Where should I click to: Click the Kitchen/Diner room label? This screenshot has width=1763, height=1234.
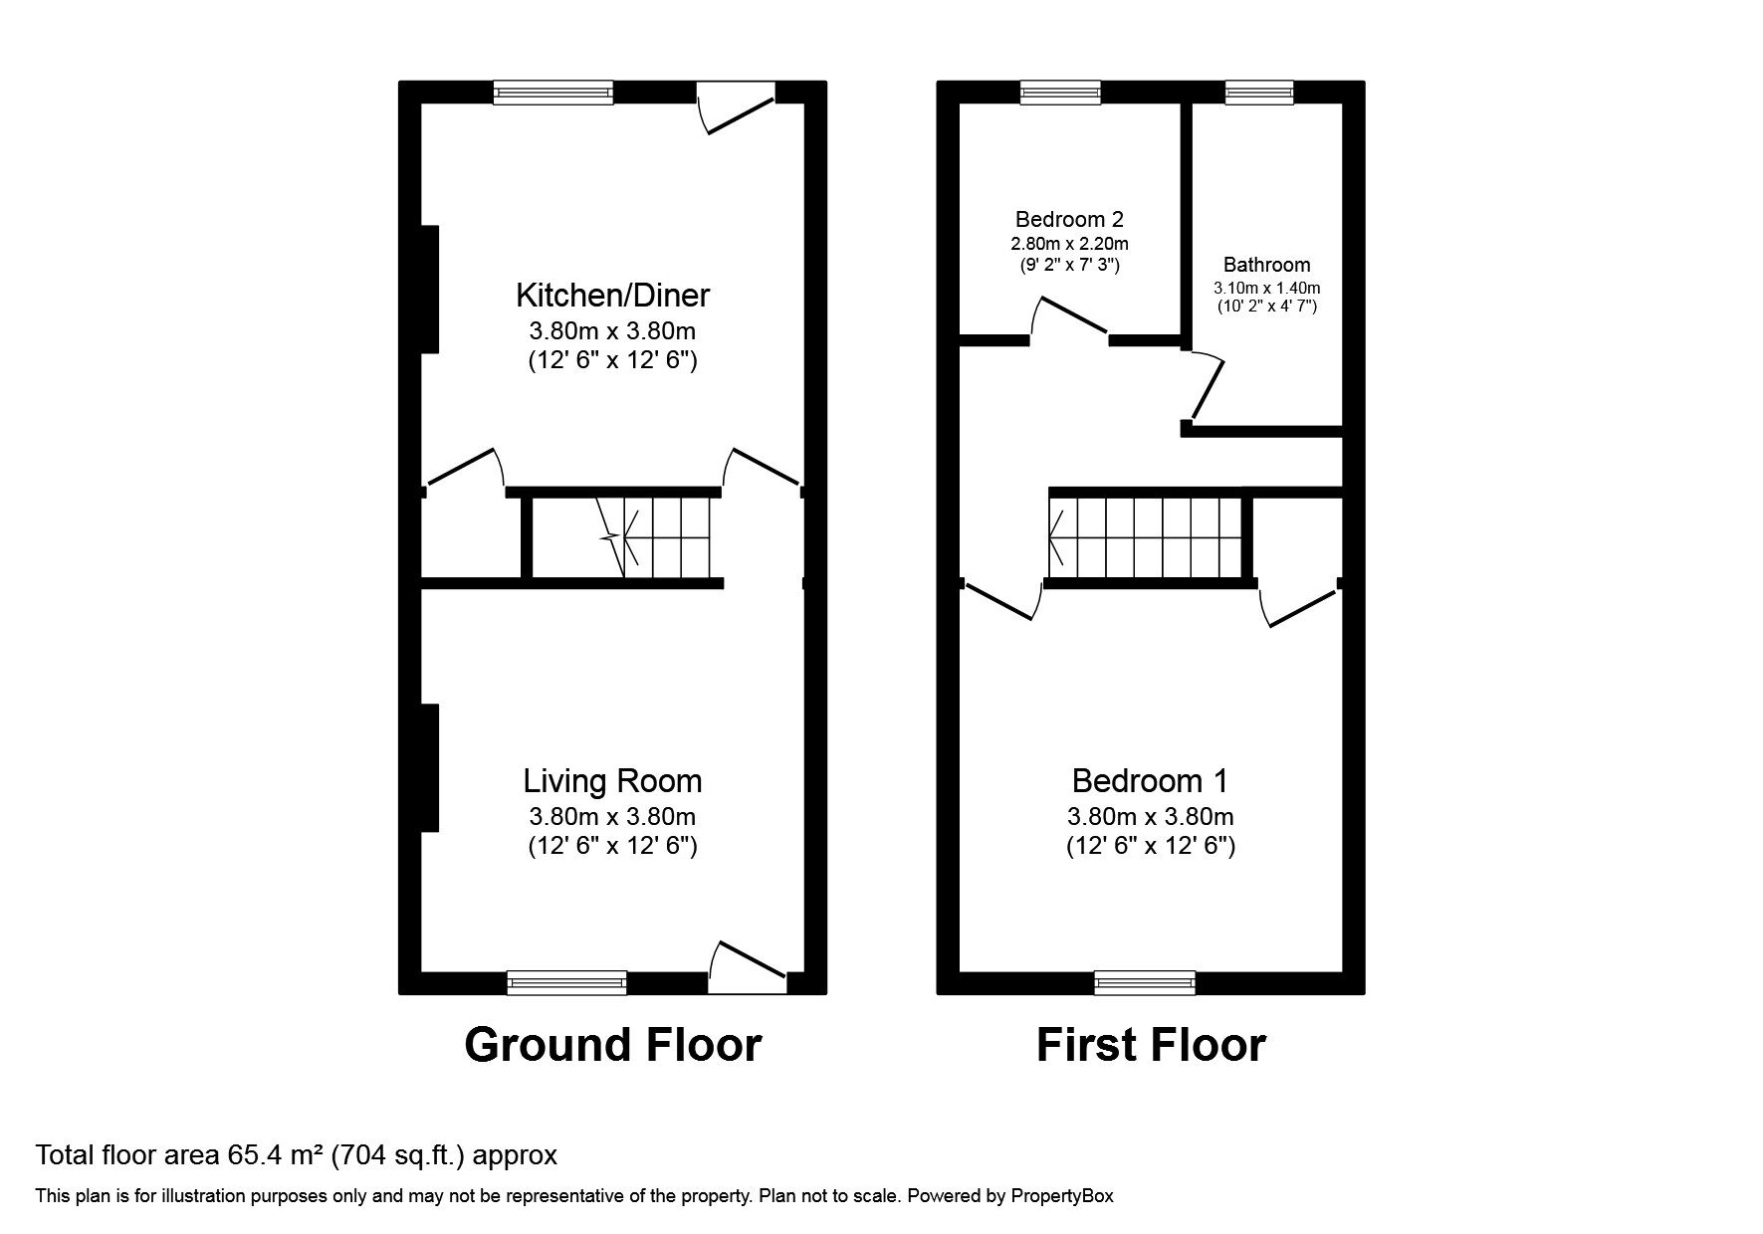point(612,296)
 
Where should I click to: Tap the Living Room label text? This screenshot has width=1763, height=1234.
point(612,781)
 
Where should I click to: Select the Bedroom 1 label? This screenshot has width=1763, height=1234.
point(1150,781)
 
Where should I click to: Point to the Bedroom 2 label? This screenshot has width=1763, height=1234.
point(1069,219)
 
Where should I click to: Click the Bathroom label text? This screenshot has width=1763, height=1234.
point(1266,265)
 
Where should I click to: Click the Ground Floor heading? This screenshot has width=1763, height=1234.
point(612,1045)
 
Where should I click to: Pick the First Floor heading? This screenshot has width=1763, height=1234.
point(1150,1045)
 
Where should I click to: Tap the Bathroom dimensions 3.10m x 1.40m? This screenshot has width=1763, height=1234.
point(1266,288)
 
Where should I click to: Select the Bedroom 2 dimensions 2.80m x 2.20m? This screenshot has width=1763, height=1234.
point(1069,243)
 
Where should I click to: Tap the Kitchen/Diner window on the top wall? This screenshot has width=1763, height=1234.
point(553,93)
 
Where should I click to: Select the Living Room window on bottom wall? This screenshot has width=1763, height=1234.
point(566,982)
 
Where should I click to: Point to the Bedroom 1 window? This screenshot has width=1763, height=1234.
point(1144,982)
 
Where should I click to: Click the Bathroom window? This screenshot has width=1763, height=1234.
point(1258,93)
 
